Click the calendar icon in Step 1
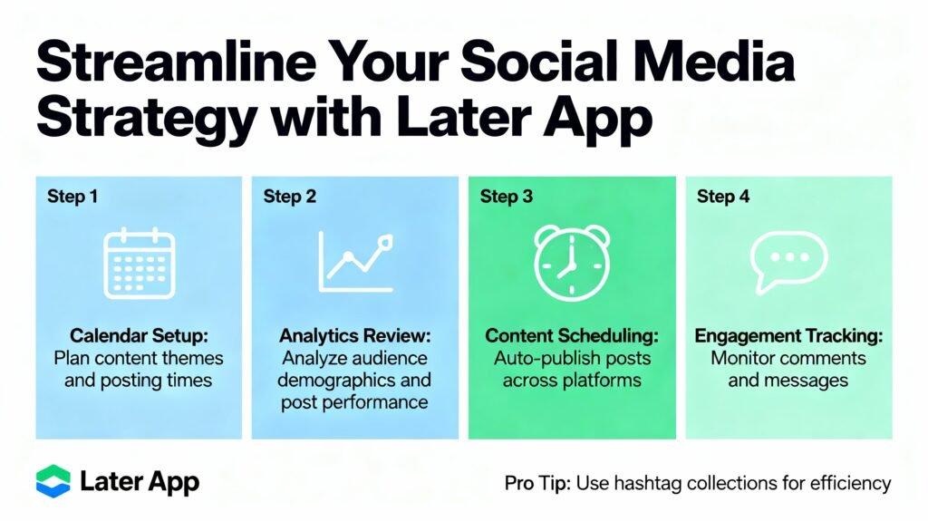pyautogui.click(x=139, y=264)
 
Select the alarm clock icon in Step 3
pyautogui.click(x=572, y=261)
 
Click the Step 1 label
pyautogui.click(x=72, y=197)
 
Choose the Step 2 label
pyautogui.click(x=289, y=197)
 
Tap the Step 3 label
pyautogui.click(x=506, y=197)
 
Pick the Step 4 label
pyautogui.click(x=722, y=197)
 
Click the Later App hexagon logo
pyautogui.click(x=53, y=481)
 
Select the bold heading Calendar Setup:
pyautogui.click(x=139, y=335)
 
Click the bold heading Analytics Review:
pyautogui.click(x=355, y=335)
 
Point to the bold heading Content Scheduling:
pyautogui.click(x=572, y=335)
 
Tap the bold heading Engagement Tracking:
pyautogui.click(x=789, y=335)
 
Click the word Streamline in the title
pyautogui.click(x=176, y=62)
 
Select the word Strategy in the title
pyautogui.click(x=147, y=118)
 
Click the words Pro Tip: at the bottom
pyautogui.click(x=537, y=483)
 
